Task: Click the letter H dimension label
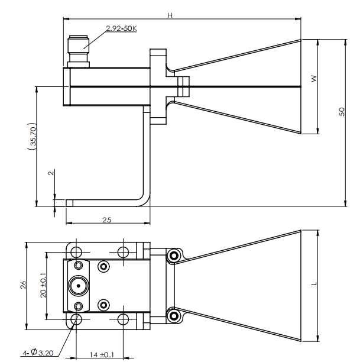[170, 15]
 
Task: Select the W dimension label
[314, 78]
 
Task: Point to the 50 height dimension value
[342, 112]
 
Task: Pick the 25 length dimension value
[107, 219]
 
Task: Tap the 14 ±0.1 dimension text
[101, 354]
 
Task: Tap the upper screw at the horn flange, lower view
[174, 256]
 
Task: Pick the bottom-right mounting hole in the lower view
[122, 320]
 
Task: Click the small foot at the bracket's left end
[69, 203]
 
